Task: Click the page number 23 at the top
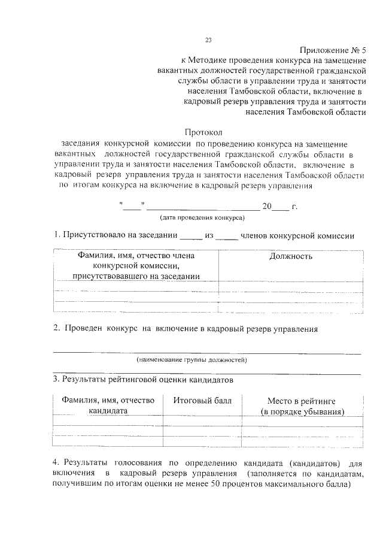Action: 208,40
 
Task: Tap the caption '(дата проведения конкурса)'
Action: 200,218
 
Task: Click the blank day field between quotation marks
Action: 131,207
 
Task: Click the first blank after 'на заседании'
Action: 191,236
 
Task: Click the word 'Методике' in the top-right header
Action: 209,60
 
